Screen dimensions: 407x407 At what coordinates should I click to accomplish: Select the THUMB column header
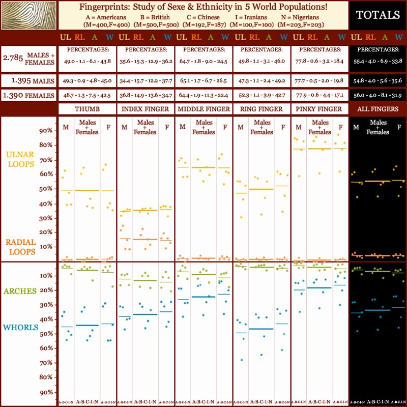[87, 109]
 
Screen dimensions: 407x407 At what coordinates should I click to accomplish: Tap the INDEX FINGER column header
[145, 109]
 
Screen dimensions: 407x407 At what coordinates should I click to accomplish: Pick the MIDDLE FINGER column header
[203, 109]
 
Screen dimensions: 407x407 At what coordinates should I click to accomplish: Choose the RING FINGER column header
[261, 109]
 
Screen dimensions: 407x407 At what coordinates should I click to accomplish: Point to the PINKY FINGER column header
[319, 109]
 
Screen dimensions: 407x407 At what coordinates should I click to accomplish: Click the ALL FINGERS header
[377, 109]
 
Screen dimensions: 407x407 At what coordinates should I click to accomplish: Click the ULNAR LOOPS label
[20, 159]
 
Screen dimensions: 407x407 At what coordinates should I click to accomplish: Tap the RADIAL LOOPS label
[20, 247]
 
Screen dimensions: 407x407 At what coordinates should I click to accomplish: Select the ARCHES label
[20, 291]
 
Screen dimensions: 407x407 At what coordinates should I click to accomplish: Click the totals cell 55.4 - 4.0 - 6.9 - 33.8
[377, 61]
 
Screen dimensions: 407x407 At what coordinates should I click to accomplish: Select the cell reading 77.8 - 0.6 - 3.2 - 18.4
[319, 61]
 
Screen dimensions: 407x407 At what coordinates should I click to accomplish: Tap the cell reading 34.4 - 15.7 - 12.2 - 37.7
[145, 81]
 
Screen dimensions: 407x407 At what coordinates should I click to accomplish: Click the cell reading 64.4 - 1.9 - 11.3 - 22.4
[203, 95]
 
